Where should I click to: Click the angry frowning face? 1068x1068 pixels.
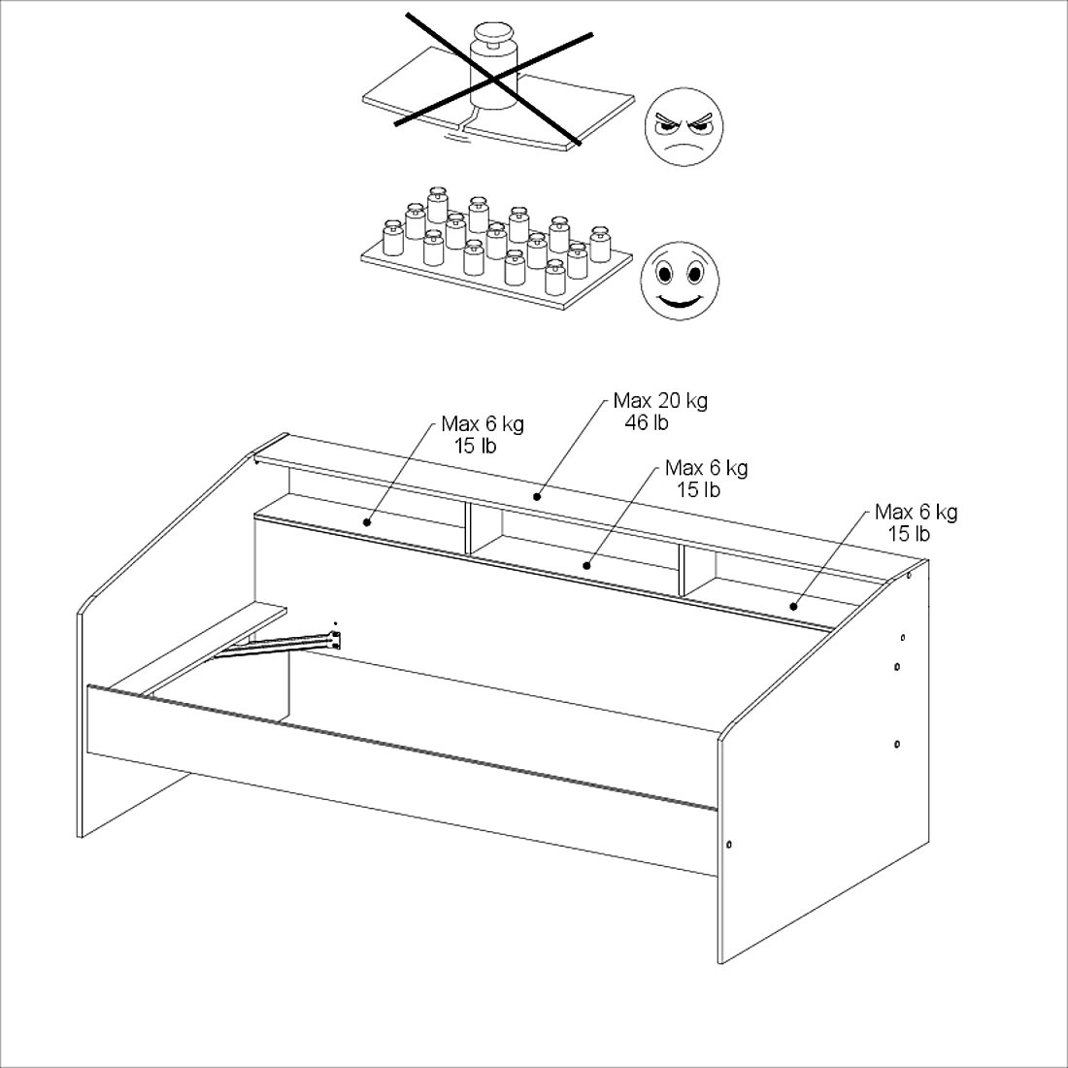click(x=684, y=126)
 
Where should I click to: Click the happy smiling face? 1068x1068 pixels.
click(x=679, y=281)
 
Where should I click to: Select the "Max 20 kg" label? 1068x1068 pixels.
click(x=660, y=400)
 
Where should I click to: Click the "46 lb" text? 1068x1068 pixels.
click(x=647, y=423)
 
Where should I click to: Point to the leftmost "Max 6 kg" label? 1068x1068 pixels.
click(x=483, y=423)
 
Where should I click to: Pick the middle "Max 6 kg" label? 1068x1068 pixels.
click(x=706, y=468)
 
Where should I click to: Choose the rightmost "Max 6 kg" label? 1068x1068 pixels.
click(x=917, y=512)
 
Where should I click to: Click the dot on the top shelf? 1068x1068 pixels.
click(x=537, y=496)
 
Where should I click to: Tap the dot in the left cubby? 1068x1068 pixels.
click(x=366, y=522)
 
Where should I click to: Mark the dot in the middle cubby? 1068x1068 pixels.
click(x=586, y=565)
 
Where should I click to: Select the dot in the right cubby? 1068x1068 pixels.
click(x=793, y=606)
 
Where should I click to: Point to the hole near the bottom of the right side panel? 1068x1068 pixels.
click(x=729, y=845)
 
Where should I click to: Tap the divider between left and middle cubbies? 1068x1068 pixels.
click(x=468, y=527)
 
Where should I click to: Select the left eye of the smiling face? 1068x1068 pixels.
click(x=663, y=274)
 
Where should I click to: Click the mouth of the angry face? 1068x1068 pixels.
click(x=684, y=148)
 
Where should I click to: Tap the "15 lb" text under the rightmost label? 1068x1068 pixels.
click(x=909, y=534)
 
